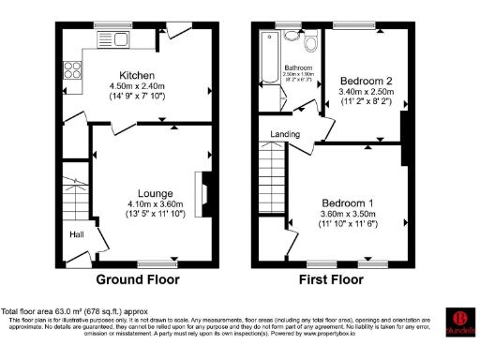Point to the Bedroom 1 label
(x=347, y=202)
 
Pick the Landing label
(x=285, y=134)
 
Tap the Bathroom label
(x=298, y=68)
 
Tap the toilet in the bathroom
(x=311, y=43)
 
